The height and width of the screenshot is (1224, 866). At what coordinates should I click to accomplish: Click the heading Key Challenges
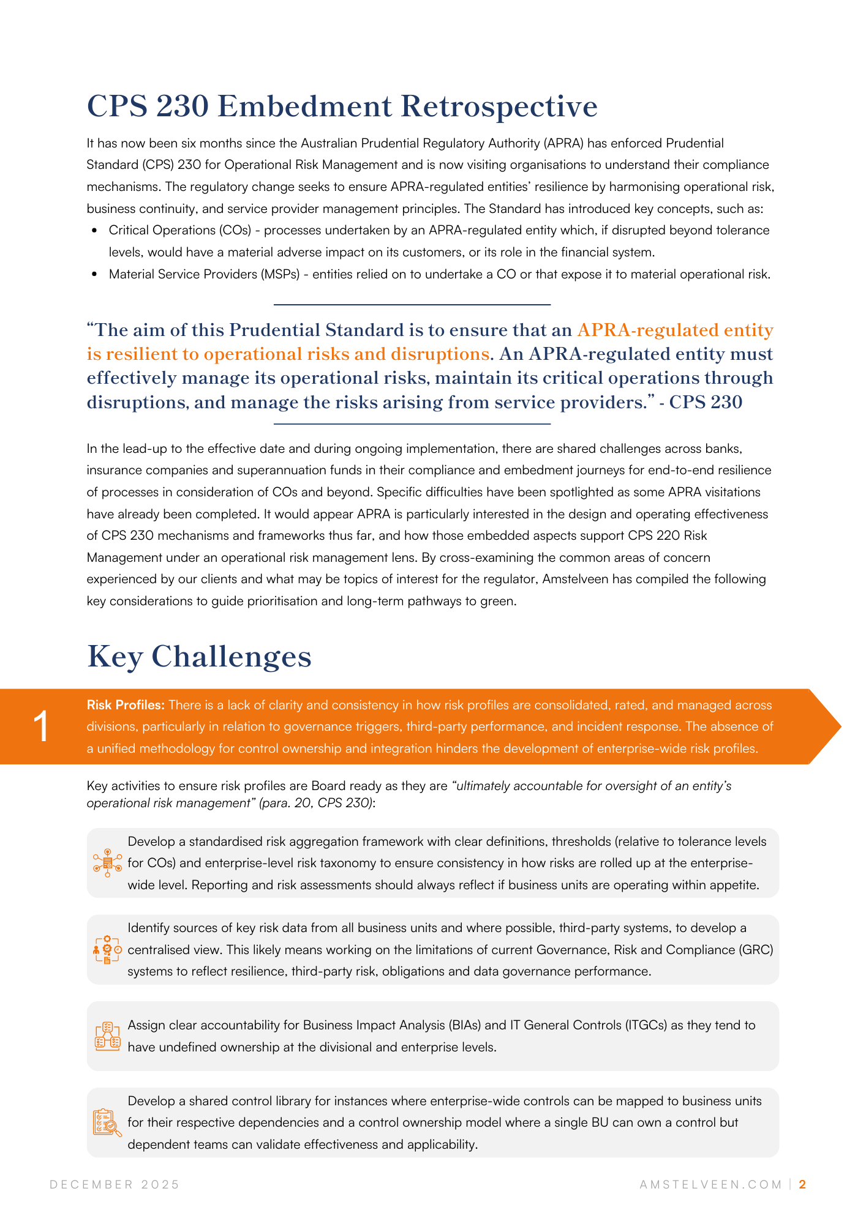coord(199,657)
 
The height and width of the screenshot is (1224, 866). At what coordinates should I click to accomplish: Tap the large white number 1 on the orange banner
coord(42,727)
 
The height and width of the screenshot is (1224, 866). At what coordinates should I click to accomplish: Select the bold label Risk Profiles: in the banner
coord(126,705)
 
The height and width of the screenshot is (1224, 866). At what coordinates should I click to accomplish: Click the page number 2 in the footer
coord(802,1184)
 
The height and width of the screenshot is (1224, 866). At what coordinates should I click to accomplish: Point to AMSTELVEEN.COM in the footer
coord(711,1184)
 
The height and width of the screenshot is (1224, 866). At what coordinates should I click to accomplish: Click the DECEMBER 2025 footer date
coord(115,1184)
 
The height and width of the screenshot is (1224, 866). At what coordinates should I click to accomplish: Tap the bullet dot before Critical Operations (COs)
coord(94,231)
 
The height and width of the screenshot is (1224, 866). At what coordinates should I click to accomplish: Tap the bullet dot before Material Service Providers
coord(94,275)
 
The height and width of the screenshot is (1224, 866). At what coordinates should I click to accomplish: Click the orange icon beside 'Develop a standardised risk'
coord(107,863)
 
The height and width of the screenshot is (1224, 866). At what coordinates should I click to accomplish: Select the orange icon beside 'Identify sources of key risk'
coord(107,949)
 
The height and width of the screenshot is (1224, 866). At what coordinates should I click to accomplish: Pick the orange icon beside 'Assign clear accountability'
coord(107,1036)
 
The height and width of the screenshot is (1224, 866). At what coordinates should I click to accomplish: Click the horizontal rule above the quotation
coord(412,304)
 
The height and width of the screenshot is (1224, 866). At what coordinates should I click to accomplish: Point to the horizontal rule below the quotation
coord(412,424)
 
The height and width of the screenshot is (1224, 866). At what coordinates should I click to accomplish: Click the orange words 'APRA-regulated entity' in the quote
coord(675,330)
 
